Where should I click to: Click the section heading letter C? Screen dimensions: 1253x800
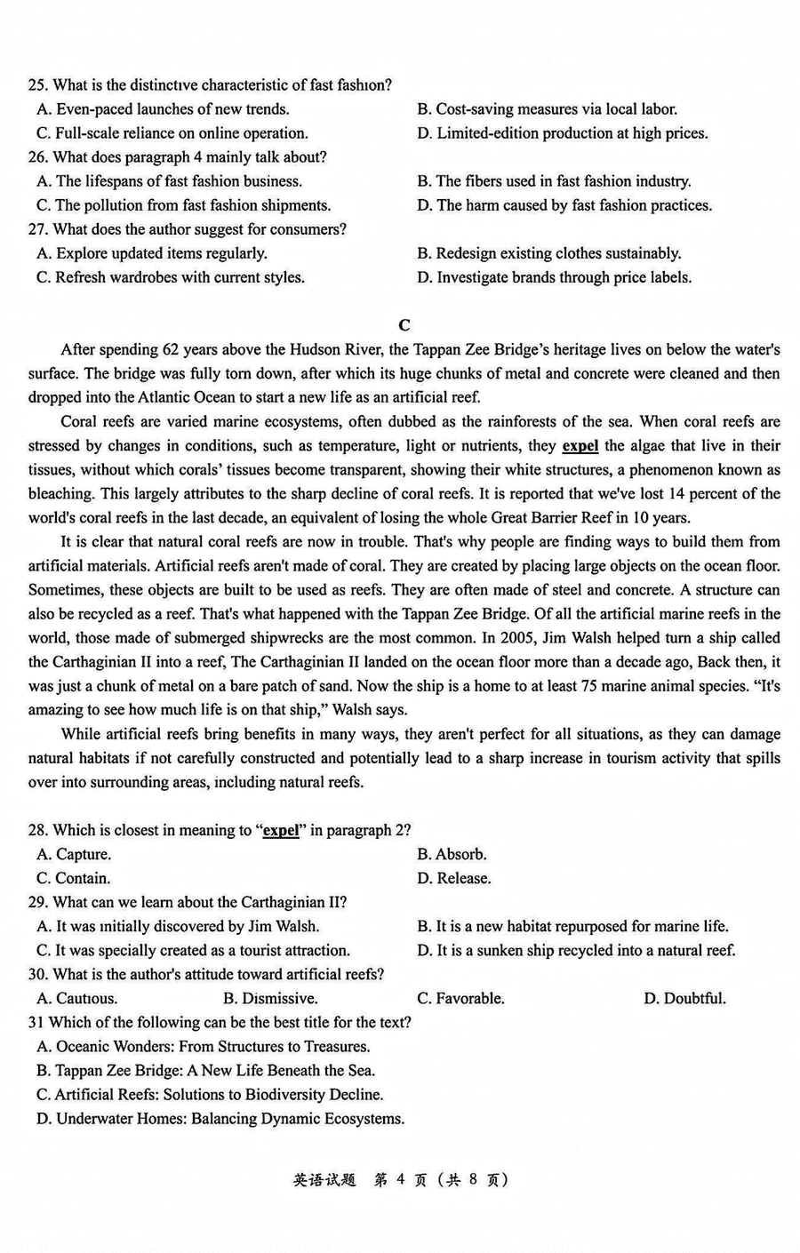(404, 325)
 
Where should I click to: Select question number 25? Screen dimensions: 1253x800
(37, 85)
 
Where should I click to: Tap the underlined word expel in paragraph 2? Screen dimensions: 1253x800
(580, 445)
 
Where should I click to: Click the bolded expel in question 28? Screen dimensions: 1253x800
(281, 830)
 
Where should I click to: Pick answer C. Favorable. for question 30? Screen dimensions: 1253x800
(460, 998)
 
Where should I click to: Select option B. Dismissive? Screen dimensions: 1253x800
(270, 998)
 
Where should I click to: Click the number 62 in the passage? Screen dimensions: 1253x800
(172, 349)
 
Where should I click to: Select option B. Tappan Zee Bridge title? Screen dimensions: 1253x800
(205, 1070)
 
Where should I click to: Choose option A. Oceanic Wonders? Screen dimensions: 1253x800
(203, 1046)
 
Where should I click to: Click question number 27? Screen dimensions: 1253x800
(37, 229)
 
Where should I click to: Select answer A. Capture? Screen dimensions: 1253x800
(74, 854)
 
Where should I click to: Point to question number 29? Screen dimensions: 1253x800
(37, 902)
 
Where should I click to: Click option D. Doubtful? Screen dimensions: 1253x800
(684, 998)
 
